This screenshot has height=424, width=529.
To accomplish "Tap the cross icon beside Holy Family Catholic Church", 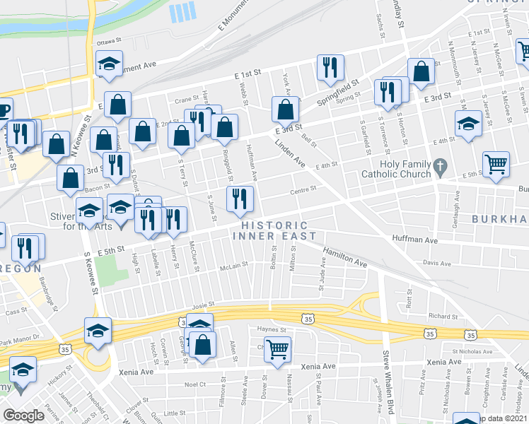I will pos(441,168).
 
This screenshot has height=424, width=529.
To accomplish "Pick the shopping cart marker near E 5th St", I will pos(496,164).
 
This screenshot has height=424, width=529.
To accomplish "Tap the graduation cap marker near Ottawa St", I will pos(109,64).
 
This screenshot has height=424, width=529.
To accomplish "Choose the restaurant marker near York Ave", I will pos(330,68).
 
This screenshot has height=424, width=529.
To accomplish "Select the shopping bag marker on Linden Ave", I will pos(285,110).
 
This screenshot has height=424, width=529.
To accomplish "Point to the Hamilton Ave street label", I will pos(346,257).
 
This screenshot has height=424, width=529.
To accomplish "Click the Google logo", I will pos(23,416).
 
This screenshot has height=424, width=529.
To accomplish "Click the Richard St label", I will pos(443,317).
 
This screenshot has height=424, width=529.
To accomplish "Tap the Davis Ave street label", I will pos(437,262).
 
